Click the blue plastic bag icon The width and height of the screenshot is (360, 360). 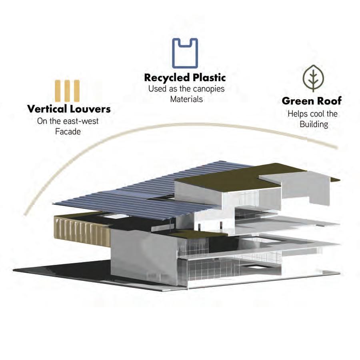[185, 53]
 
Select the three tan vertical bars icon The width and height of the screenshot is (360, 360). [68, 91]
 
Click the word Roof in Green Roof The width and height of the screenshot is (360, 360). [329, 101]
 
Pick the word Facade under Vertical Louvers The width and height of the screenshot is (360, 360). [68, 131]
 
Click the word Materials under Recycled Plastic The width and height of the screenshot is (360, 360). [186, 99]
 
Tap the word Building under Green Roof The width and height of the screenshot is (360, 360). [314, 124]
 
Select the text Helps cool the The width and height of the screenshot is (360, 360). [312, 114]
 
